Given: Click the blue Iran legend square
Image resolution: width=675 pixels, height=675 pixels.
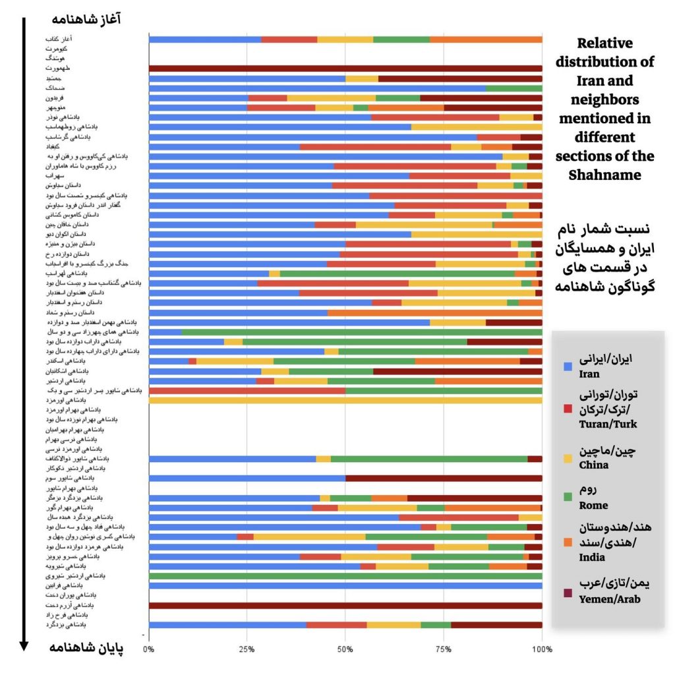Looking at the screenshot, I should pyautogui.click(x=567, y=367).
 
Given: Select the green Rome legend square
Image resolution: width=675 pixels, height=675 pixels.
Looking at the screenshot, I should pyautogui.click(x=567, y=498).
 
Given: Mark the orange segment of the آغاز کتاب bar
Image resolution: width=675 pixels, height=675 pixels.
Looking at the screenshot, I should pyautogui.click(x=486, y=40).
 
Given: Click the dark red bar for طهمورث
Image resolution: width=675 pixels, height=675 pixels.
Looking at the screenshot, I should pyautogui.click(x=345, y=69).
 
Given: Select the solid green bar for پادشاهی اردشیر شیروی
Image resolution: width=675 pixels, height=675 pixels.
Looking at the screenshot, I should pyautogui.click(x=345, y=575).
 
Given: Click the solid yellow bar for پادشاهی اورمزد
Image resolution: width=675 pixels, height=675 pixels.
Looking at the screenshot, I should pyautogui.click(x=345, y=400).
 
